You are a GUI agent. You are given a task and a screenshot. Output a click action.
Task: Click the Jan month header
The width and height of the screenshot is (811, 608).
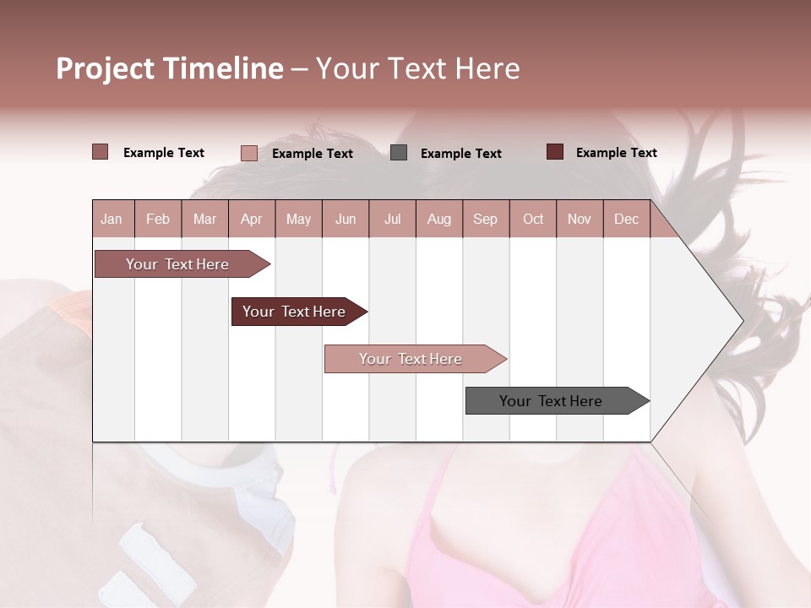pyautogui.click(x=112, y=219)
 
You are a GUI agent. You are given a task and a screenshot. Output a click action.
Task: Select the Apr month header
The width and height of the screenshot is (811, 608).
pyautogui.click(x=252, y=219)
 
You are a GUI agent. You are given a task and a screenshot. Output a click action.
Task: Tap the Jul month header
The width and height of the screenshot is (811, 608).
pyautogui.click(x=392, y=219)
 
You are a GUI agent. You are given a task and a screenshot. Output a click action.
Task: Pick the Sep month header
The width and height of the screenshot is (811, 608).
pyautogui.click(x=485, y=219)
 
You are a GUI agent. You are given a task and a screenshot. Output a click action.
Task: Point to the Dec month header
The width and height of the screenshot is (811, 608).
pyautogui.click(x=626, y=219)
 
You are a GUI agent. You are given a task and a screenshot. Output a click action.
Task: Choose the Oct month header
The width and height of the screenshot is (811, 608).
pyautogui.click(x=533, y=219)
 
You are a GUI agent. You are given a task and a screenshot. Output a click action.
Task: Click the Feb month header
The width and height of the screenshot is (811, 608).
pyautogui.click(x=158, y=219)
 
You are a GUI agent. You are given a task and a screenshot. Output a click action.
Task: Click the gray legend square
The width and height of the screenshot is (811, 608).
pyautogui.click(x=399, y=152)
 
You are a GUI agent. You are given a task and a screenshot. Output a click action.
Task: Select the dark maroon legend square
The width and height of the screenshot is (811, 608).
pyautogui.click(x=555, y=152)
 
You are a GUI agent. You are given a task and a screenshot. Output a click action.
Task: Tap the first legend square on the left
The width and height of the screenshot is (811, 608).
pyautogui.click(x=100, y=152)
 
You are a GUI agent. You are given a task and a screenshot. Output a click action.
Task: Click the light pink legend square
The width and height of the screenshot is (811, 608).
pyautogui.click(x=249, y=153)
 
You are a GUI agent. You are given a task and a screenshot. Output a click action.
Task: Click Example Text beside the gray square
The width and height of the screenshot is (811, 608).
pyautogui.click(x=460, y=153)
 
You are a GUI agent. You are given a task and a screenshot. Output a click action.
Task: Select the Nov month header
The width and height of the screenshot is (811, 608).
pyautogui.click(x=580, y=219)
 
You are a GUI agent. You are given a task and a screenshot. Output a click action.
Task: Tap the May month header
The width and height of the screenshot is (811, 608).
pyautogui.click(x=298, y=219)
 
